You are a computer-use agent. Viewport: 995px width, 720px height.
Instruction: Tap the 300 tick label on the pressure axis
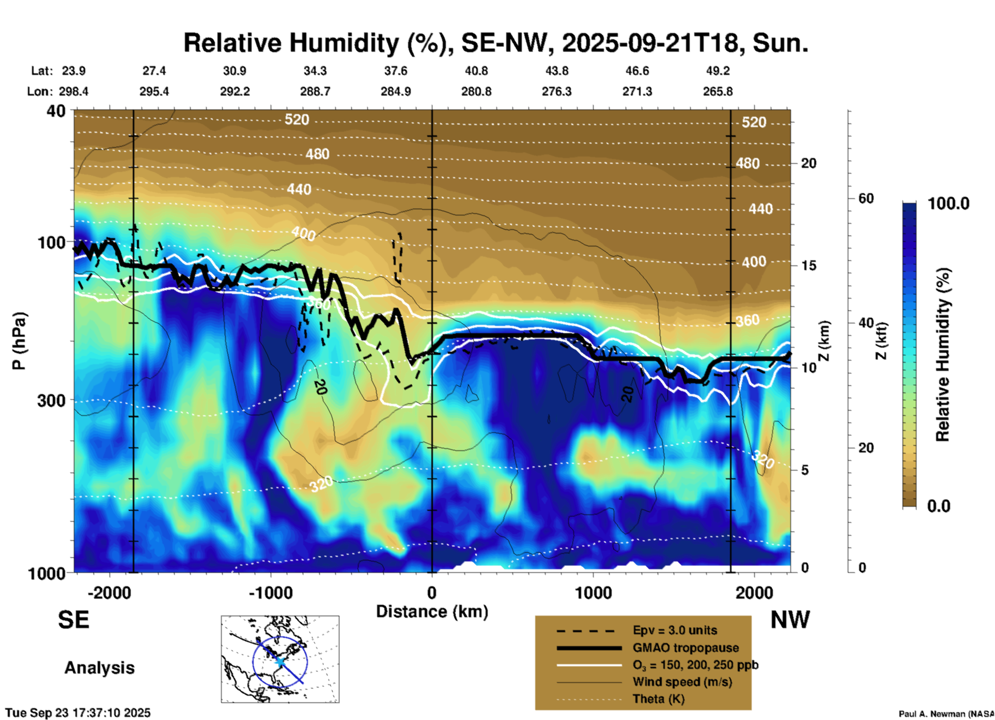(51, 400)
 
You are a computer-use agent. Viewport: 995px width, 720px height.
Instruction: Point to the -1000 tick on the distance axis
(270, 592)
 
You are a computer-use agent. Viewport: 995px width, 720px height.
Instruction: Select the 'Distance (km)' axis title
(432, 612)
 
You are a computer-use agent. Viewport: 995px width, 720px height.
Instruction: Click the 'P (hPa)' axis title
(19, 341)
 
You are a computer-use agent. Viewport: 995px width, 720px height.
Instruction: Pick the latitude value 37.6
(395, 71)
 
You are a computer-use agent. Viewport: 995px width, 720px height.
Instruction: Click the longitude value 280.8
(476, 91)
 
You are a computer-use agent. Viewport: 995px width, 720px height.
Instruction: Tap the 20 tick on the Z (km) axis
(809, 163)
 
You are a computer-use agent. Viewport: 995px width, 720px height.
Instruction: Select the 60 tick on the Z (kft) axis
(866, 198)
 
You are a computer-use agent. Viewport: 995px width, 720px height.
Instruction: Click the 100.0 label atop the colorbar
(949, 204)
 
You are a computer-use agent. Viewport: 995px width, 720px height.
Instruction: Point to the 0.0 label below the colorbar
(939, 506)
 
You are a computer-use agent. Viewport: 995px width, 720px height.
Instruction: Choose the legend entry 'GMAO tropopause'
(686, 648)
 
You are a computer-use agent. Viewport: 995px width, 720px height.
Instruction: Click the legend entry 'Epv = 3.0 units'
(675, 630)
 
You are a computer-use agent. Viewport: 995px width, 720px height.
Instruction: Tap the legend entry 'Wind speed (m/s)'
(682, 682)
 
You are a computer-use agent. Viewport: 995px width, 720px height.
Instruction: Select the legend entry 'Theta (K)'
(658, 699)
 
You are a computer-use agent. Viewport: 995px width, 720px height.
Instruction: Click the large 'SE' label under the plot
(73, 620)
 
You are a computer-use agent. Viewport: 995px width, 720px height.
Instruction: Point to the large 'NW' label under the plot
(790, 620)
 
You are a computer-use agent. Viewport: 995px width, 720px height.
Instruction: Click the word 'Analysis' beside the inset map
(99, 667)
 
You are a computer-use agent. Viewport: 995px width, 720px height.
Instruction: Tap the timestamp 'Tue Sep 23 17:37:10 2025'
(78, 713)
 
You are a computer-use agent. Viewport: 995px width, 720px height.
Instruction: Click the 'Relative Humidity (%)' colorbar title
(943, 354)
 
